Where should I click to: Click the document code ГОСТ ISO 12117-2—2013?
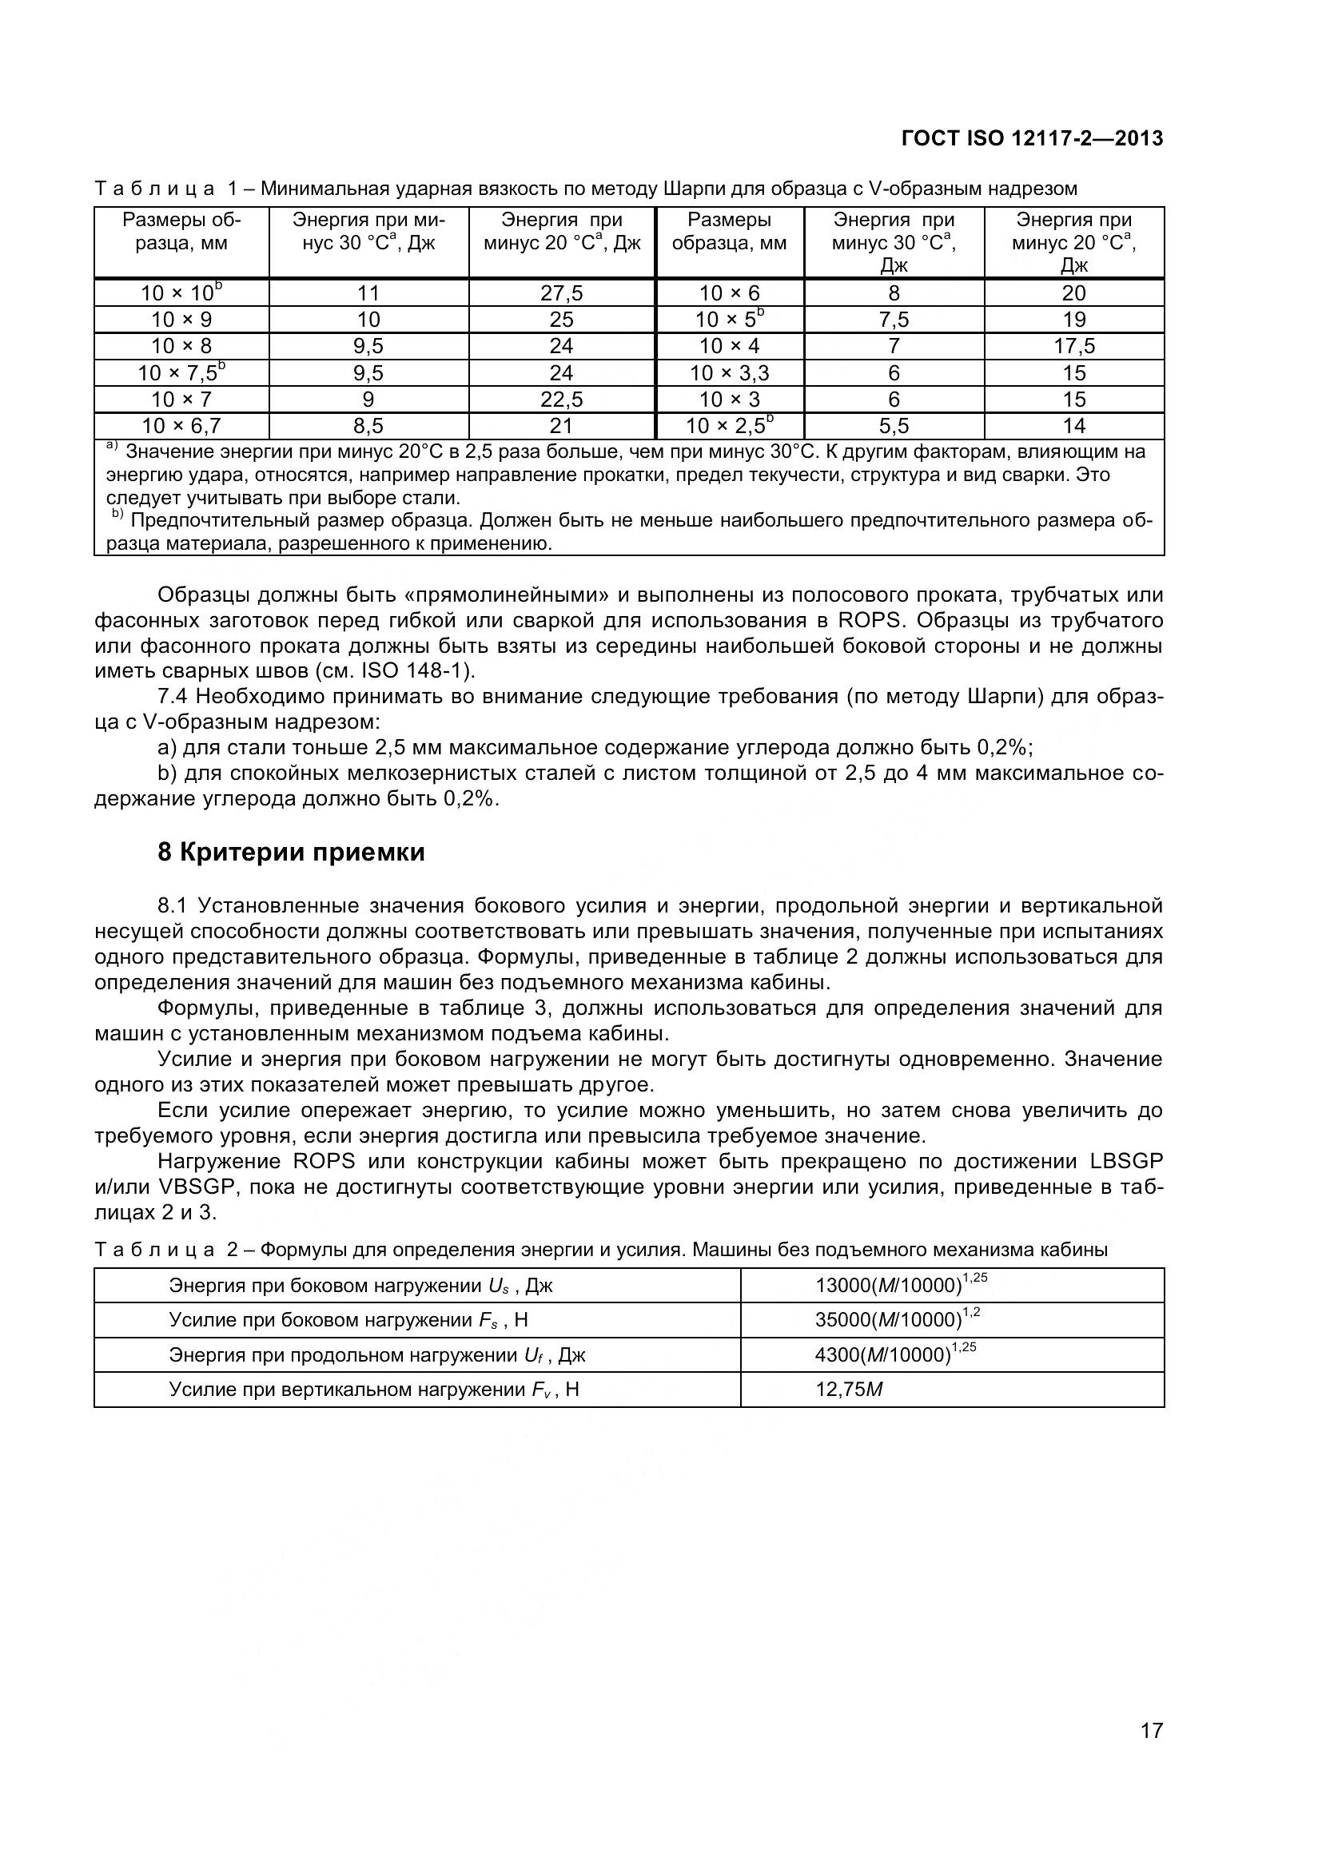pos(1032,138)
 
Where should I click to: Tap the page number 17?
pos(1151,1752)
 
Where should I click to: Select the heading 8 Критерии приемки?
pos(291,853)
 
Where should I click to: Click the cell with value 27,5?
pos(561,293)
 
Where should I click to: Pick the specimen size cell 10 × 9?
pos(181,319)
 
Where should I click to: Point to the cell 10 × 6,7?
pos(181,426)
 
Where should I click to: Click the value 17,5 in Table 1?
pos(1073,346)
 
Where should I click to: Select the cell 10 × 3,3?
pos(729,373)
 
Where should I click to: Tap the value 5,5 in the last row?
pos(893,426)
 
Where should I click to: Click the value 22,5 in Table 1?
pos(561,399)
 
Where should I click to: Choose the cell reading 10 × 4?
pos(729,346)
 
